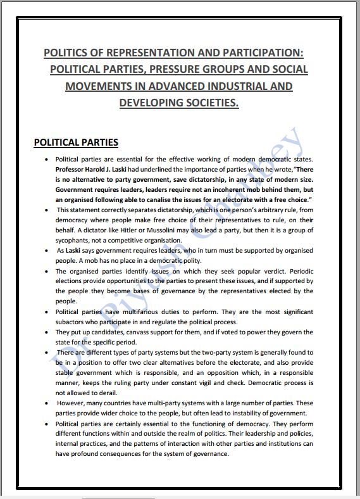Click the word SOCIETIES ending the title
(x=208, y=102)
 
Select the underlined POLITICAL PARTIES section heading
(x=76, y=142)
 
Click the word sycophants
(x=75, y=241)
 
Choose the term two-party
(x=219, y=352)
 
